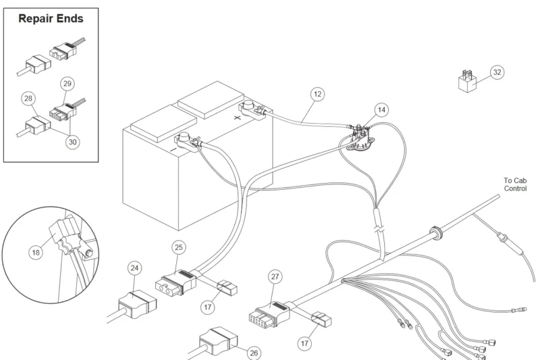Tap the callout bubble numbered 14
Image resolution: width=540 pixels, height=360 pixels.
click(382, 109)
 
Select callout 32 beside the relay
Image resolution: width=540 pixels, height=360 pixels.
click(497, 72)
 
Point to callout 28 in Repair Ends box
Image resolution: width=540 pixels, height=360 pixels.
click(28, 99)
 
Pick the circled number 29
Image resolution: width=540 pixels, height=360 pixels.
click(67, 84)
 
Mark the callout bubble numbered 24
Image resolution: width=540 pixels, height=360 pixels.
click(135, 268)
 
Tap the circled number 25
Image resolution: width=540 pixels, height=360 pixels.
click(178, 247)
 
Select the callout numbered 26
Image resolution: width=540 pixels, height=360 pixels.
click(254, 352)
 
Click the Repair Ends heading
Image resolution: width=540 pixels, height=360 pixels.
click(51, 19)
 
